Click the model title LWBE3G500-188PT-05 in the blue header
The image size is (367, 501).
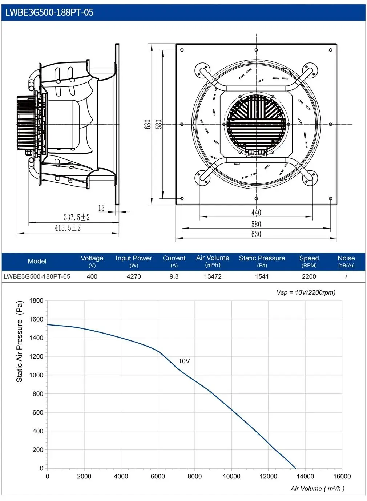point(49,12)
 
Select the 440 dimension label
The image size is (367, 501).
point(256,213)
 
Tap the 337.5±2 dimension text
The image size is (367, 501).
point(77,217)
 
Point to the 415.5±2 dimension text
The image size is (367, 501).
point(68,228)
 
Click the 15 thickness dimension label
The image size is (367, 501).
point(101,208)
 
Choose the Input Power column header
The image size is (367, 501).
point(134,261)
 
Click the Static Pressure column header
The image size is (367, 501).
point(262,261)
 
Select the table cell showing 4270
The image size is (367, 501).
point(134,276)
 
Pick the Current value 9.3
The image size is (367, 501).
point(174,276)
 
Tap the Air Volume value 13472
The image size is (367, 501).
point(213,276)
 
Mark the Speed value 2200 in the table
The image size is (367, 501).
point(309,276)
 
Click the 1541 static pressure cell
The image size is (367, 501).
point(262,276)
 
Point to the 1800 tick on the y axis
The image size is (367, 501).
point(36,300)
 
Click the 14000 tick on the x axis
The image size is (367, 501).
point(305,476)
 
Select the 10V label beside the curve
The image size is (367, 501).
point(184,361)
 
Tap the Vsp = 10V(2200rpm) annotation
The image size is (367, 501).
point(306,292)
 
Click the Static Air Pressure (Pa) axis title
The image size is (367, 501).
point(20,341)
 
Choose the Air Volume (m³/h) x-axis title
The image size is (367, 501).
point(317,489)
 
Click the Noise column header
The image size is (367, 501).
point(346,261)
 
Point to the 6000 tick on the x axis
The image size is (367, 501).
point(158,476)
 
